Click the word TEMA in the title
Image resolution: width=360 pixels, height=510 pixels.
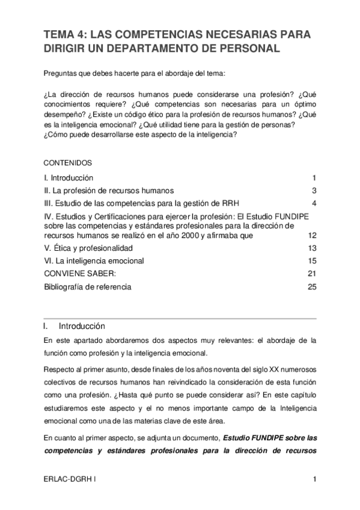tap(60, 34)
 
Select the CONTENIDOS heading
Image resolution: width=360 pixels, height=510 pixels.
tap(68, 163)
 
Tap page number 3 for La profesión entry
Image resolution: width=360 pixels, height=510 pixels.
tap(314, 191)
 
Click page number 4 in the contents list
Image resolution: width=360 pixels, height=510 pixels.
tap(314, 202)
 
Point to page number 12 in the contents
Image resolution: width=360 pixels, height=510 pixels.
tap(311, 236)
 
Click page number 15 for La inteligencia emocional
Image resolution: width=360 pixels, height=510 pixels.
tap(311, 261)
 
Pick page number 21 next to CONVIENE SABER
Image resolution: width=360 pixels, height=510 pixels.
tap(311, 274)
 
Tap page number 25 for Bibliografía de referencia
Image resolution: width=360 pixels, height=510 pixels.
tap(311, 287)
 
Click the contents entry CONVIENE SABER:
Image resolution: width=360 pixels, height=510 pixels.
tap(76, 274)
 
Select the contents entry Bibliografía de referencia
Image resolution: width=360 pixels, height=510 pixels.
tap(88, 287)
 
